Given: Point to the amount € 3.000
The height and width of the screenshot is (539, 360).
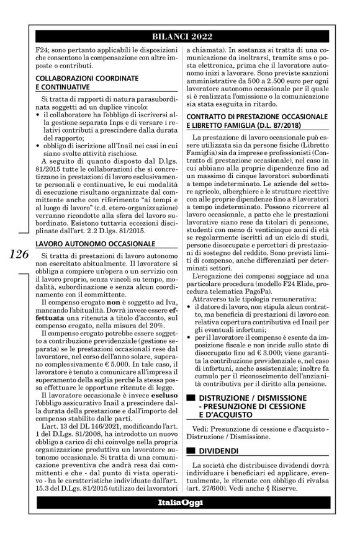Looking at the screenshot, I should click(x=271, y=352).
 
